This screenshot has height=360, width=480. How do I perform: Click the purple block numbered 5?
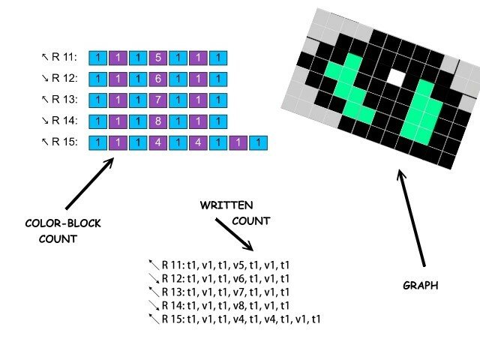click(157, 57)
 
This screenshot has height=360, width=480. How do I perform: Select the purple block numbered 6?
click(157, 79)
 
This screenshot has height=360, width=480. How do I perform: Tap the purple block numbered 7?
click(157, 100)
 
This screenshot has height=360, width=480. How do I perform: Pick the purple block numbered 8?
click(157, 121)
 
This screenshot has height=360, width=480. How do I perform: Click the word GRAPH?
click(421, 286)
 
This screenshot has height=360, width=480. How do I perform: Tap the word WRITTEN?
click(226, 205)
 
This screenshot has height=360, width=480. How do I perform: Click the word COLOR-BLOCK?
click(62, 223)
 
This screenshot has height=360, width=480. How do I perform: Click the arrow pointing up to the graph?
click(412, 217)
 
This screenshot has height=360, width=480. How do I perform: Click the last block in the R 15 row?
click(257, 142)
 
